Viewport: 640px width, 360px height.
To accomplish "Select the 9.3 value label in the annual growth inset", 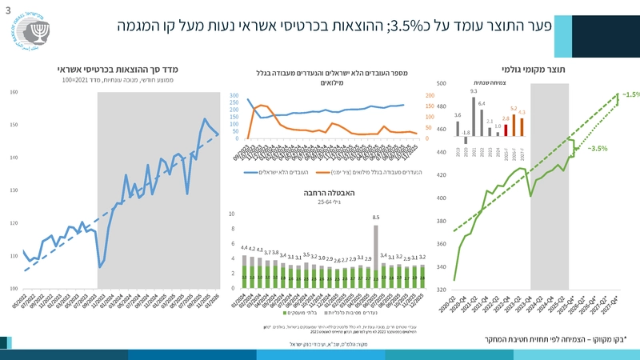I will [x=474, y=91].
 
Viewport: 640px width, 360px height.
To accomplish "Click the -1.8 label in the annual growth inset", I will [x=466, y=133].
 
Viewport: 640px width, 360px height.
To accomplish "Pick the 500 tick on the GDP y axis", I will [x=442, y=83].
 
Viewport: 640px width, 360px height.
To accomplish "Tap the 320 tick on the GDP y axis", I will [x=442, y=290].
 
